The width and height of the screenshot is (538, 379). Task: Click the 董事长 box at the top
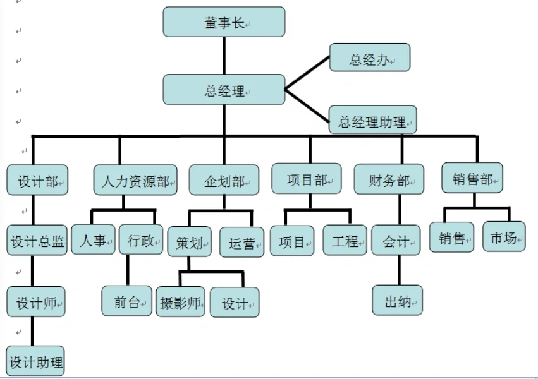[x=224, y=23]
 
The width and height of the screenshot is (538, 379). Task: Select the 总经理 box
[x=224, y=90]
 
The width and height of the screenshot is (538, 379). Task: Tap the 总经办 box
[x=370, y=58]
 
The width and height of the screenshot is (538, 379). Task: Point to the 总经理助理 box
[x=372, y=120]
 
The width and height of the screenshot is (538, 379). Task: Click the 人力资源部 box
[x=135, y=181]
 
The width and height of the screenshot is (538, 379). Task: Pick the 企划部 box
[x=224, y=181]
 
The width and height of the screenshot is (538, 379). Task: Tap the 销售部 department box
[x=472, y=178]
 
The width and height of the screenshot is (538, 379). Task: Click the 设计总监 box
[x=37, y=241]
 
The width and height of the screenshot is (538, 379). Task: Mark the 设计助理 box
[x=36, y=361]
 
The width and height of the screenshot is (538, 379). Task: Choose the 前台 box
[x=127, y=301]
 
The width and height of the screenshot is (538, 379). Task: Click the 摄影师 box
[x=180, y=303]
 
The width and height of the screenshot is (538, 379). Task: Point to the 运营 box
[x=241, y=243]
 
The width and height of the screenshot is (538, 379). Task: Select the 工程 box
[x=345, y=241]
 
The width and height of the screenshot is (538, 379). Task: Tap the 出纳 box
[x=398, y=301]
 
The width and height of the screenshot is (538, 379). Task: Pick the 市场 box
[x=504, y=237]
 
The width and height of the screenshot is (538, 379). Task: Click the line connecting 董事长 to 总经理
[x=224, y=56]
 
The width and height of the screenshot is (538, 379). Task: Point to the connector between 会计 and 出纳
[x=398, y=270]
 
